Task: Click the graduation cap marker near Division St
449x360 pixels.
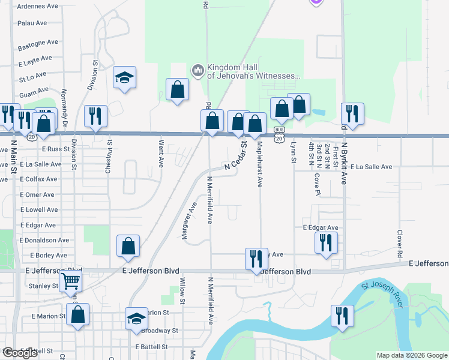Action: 125,77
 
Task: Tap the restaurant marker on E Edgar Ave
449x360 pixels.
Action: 326,242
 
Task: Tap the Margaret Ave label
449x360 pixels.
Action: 190,220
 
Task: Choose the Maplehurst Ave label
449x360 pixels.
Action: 260,164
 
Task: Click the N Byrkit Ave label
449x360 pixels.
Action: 344,162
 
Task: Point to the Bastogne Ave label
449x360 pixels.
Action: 38,43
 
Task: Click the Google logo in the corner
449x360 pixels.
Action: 20,353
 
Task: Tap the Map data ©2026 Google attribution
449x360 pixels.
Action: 412,355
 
